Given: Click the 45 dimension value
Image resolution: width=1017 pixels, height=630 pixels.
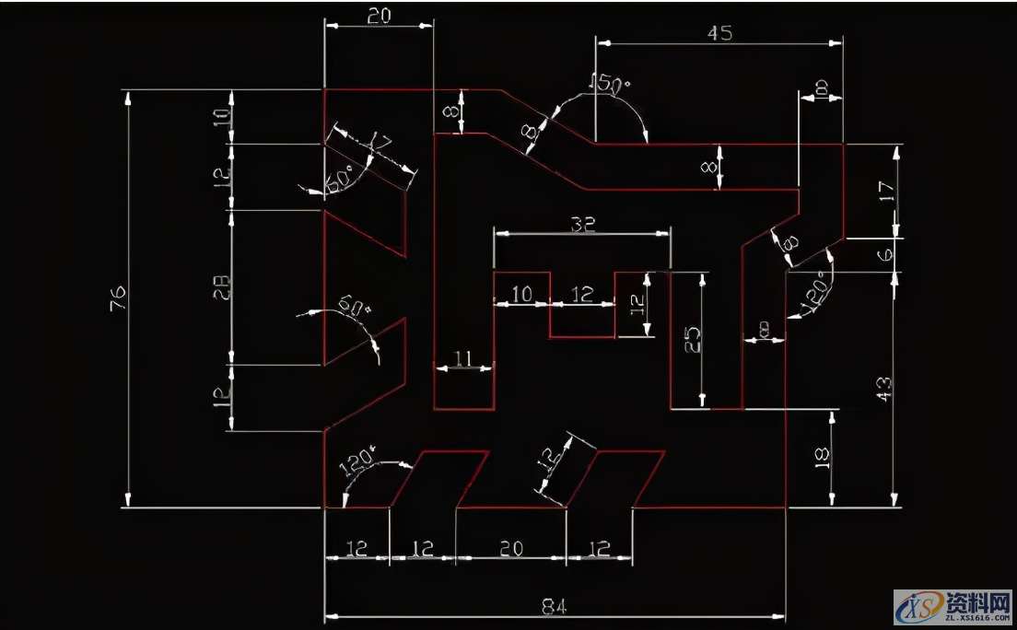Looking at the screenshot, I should coord(719,32).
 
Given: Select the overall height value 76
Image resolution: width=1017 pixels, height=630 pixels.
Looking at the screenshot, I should coord(119,298).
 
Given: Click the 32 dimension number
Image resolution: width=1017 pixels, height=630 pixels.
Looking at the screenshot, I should coord(582,223).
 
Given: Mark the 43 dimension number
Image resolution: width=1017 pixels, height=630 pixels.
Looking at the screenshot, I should coord(883,387).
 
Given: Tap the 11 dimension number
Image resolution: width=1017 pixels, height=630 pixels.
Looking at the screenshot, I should coord(463,357).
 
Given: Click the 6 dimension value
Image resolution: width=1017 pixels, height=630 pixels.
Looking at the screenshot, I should coord(886,256).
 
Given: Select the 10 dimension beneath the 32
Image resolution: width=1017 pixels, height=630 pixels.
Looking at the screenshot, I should coord(521,294).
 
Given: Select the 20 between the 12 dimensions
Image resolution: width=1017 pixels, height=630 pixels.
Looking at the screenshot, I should coord(510,548).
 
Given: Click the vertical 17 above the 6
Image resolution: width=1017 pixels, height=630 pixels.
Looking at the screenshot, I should coord(886,193).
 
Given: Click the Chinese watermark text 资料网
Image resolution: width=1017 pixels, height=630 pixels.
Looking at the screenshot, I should coord(977,601).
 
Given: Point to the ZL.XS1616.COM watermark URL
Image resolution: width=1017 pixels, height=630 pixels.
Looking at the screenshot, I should coord(976,620).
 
